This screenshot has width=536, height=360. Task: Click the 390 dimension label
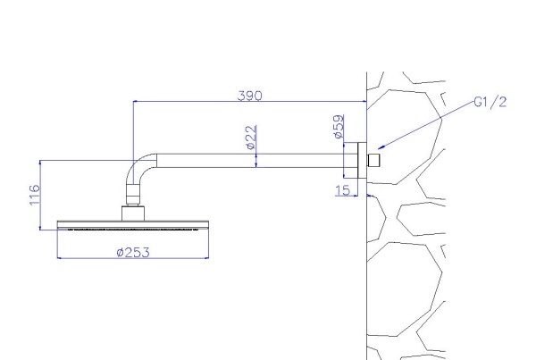coord(250,96)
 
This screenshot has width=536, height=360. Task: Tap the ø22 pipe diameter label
coord(251,138)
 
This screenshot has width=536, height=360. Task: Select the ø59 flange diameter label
coord(339,127)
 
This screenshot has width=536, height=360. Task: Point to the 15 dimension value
coord(343,190)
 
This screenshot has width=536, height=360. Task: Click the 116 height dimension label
coord(35,196)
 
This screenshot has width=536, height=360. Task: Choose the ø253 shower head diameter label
coord(133,253)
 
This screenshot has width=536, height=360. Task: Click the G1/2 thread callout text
coord(490,102)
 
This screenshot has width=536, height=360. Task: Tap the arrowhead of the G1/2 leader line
coord(381,147)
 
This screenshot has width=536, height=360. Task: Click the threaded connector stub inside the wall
coord(373,161)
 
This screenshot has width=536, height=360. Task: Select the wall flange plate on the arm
coord(362,160)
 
